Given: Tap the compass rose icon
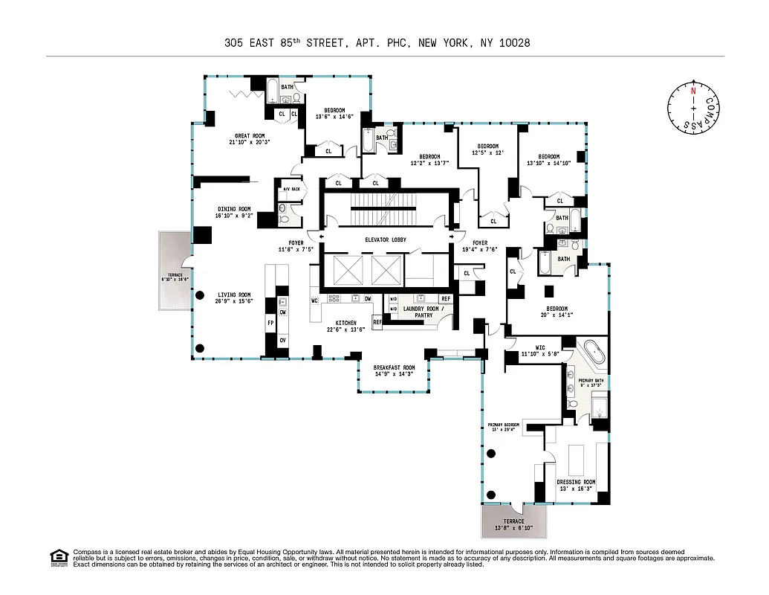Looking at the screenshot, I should click(x=692, y=109).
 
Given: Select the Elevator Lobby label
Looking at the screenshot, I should click(x=385, y=239).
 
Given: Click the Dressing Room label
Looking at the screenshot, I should click(x=576, y=482).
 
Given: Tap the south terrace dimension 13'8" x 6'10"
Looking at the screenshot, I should click(x=515, y=527).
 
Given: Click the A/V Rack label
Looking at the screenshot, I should click(x=291, y=189).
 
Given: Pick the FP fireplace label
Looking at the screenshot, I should click(x=270, y=324).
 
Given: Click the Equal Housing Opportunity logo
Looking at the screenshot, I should click(x=58, y=556).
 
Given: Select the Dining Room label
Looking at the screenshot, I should click(x=234, y=209).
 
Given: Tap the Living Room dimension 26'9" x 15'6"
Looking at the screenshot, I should click(x=234, y=302).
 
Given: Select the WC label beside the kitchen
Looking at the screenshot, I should click(x=315, y=300).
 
